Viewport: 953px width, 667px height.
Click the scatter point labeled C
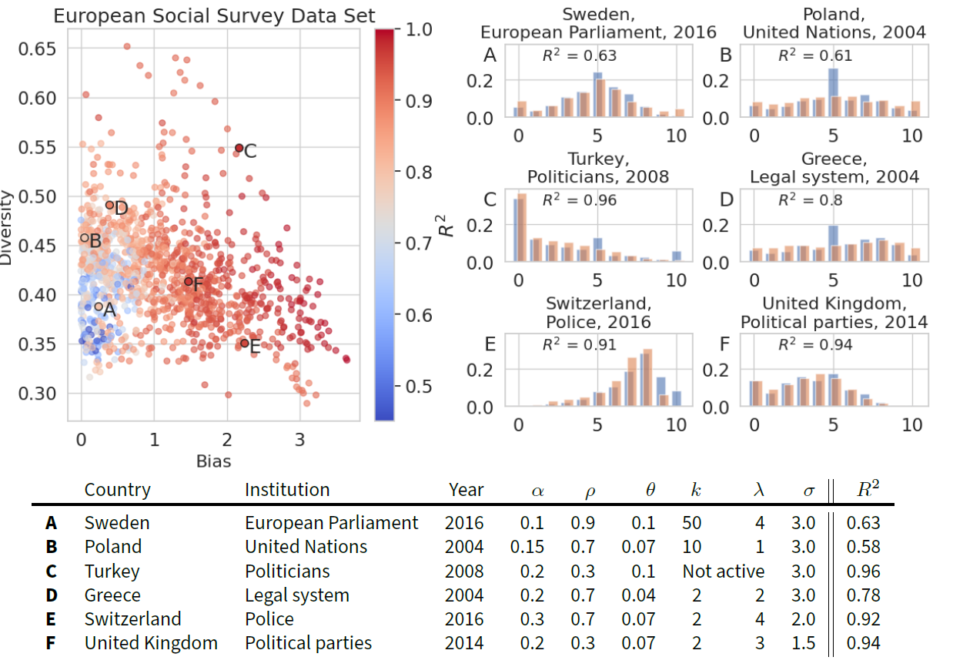(x=239, y=148)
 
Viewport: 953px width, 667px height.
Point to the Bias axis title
(x=213, y=461)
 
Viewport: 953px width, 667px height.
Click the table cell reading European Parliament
(x=332, y=523)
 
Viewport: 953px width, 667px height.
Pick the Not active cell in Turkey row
(x=724, y=571)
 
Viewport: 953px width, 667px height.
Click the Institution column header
(x=287, y=490)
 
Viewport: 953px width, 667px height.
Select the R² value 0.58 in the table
(x=863, y=548)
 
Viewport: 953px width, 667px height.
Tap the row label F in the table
(x=51, y=643)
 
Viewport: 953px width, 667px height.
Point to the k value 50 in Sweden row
(x=691, y=523)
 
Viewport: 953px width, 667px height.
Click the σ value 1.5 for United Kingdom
(x=804, y=643)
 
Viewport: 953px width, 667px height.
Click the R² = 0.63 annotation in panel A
(x=580, y=55)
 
